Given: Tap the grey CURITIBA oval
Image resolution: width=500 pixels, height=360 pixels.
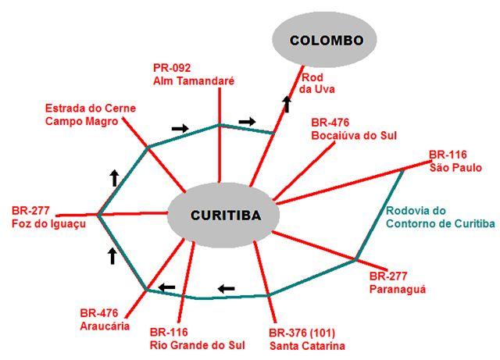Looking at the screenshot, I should click(x=224, y=214).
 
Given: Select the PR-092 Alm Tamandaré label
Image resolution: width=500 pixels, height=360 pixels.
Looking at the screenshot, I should click(x=195, y=74).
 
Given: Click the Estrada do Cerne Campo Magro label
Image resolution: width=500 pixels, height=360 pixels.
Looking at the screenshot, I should click(x=81, y=114).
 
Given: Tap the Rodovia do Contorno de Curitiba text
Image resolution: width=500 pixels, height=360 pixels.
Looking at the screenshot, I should click(x=440, y=218).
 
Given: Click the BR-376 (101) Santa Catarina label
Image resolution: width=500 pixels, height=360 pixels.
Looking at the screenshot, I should click(x=307, y=337).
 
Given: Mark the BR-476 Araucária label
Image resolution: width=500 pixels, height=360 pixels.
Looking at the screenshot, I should click(x=104, y=320).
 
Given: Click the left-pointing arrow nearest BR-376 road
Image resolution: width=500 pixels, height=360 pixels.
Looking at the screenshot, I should click(x=226, y=288).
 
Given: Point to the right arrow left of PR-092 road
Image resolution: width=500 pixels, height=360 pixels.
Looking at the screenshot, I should click(x=180, y=127).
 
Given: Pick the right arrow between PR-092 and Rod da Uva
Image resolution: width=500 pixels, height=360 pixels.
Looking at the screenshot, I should click(x=247, y=121).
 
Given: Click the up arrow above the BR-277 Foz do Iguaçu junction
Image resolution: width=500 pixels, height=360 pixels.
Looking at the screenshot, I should click(x=114, y=177).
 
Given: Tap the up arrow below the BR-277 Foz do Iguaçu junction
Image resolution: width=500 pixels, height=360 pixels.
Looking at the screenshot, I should click(x=112, y=255).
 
